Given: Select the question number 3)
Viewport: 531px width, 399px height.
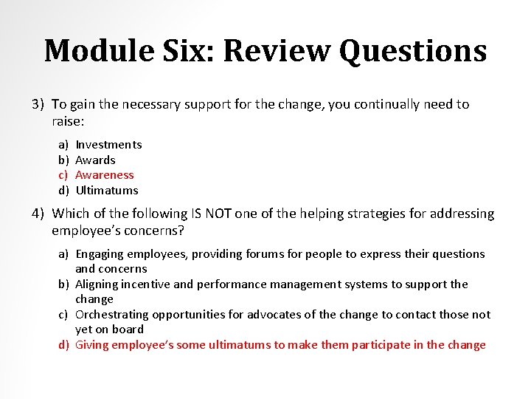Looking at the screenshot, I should point(39,104).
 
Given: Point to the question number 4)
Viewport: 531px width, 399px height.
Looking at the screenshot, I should point(39,214).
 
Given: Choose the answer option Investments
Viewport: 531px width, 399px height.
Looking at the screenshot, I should point(108,145).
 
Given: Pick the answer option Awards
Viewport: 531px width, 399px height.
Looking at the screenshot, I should point(96,160).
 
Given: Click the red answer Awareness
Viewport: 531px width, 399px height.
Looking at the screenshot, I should point(105,175).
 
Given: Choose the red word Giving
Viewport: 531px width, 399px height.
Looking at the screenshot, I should point(91,345).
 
